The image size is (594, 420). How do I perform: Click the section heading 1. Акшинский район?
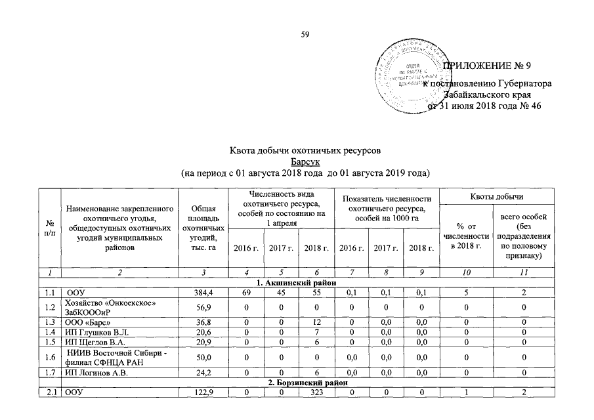click(x=296, y=282)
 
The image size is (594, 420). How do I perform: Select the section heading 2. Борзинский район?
click(x=296, y=381)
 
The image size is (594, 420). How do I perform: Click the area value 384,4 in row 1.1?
click(x=203, y=291)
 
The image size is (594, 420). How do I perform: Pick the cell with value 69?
click(x=245, y=291)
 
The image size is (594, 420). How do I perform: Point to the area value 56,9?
click(x=203, y=306)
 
